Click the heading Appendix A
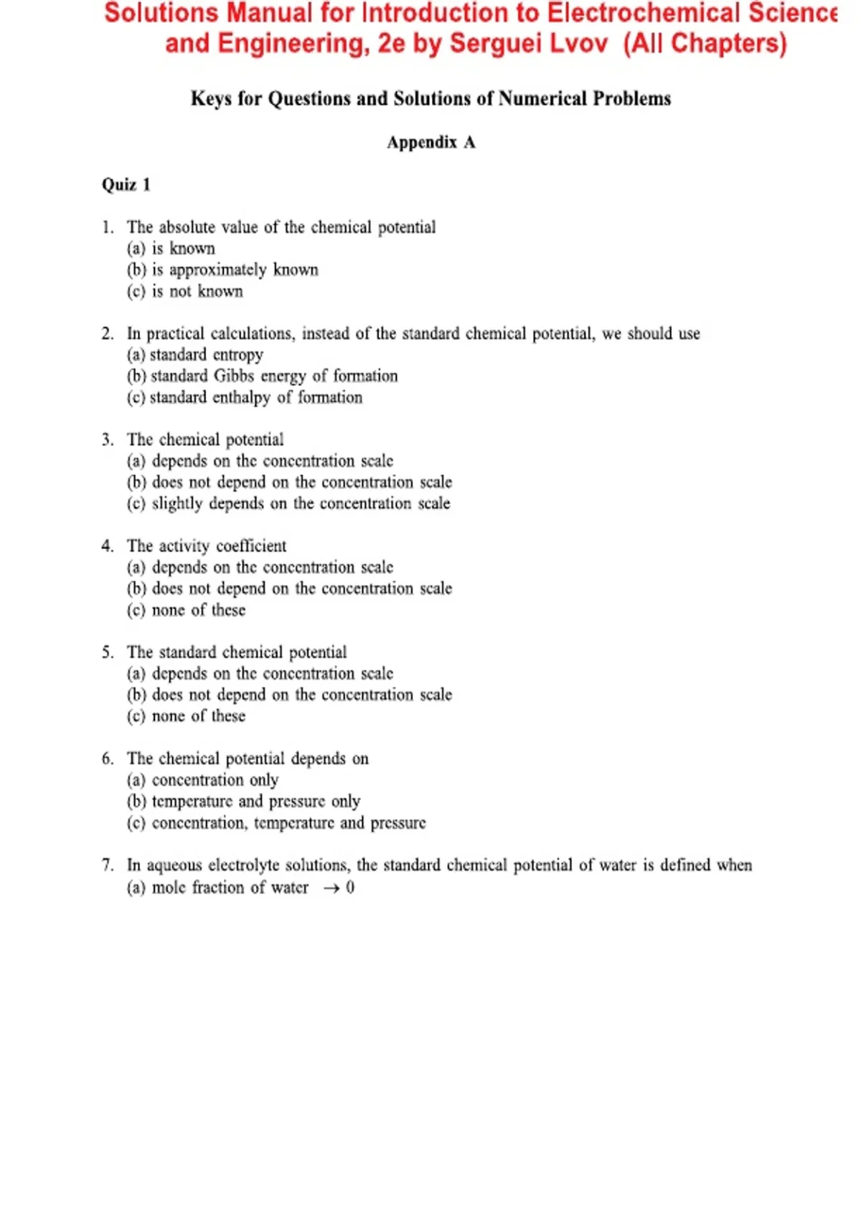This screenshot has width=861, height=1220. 430,142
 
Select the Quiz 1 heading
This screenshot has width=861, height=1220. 126,184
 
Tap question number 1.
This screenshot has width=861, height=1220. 108,227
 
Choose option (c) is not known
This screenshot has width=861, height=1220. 185,291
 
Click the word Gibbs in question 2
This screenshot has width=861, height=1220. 234,376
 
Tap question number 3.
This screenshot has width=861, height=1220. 108,440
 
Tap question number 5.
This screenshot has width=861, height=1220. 108,652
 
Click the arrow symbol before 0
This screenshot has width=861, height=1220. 331,888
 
